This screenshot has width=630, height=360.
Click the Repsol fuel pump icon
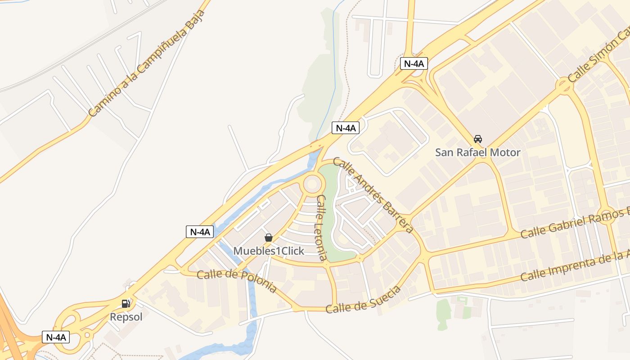point(126,304)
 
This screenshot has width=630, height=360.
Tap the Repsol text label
point(126,317)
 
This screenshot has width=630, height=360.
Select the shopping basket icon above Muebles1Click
point(269,238)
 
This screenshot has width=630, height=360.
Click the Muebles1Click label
point(269,251)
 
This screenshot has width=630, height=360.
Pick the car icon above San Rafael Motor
point(478,139)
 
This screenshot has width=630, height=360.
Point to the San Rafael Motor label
point(477,153)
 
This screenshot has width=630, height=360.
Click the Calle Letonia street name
point(321,228)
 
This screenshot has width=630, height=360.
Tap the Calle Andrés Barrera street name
point(373,195)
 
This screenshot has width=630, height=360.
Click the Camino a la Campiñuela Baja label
point(147,63)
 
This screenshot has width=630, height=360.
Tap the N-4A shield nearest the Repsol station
point(56,337)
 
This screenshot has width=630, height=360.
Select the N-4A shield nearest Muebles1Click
point(199,232)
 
